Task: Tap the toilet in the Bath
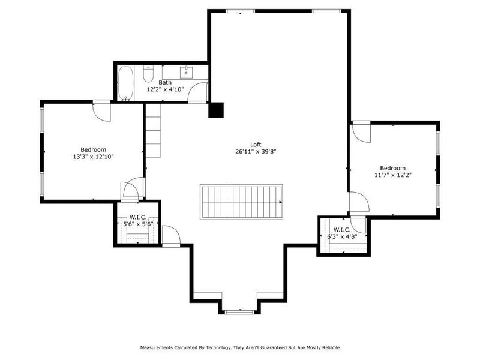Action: pyautogui.click(x=149, y=74)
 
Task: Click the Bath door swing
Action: pyautogui.click(x=199, y=92)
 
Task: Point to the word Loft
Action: pyautogui.click(x=256, y=144)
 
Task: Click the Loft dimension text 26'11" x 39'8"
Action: pyautogui.click(x=256, y=152)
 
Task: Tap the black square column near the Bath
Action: pyautogui.click(x=215, y=110)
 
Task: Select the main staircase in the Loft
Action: pyautogui.click(x=241, y=202)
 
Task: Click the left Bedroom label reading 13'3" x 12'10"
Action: pyautogui.click(x=93, y=157)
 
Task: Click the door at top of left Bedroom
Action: pyautogui.click(x=101, y=111)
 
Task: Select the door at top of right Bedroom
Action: pyautogui.click(x=362, y=131)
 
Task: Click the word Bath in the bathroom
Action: pyautogui.click(x=165, y=82)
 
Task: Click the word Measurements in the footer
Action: pyautogui.click(x=158, y=347)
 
